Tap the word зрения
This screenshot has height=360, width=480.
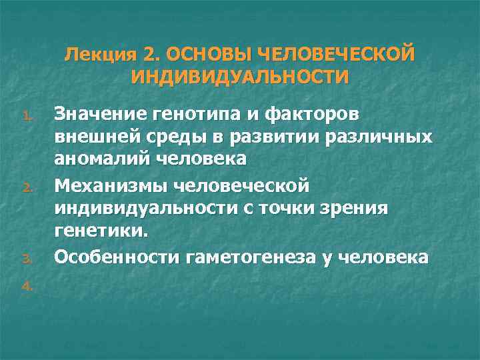(362, 209)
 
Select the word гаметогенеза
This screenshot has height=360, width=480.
(261, 257)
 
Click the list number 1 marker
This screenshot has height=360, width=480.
(26, 118)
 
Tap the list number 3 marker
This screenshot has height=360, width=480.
(26, 258)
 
